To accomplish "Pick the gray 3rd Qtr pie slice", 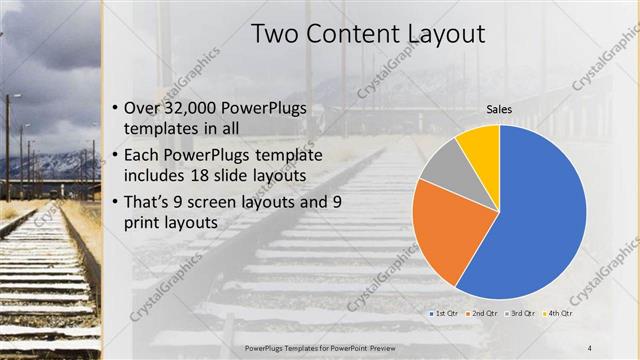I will [x=440, y=165].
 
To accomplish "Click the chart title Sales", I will [x=500, y=109].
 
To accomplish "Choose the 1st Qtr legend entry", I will [x=446, y=314].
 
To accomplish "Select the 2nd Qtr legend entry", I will [x=485, y=314].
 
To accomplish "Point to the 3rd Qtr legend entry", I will [x=523, y=314].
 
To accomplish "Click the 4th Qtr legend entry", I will [x=559, y=314].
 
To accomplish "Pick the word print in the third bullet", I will [x=144, y=222].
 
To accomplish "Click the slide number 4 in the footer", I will [x=587, y=347].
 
